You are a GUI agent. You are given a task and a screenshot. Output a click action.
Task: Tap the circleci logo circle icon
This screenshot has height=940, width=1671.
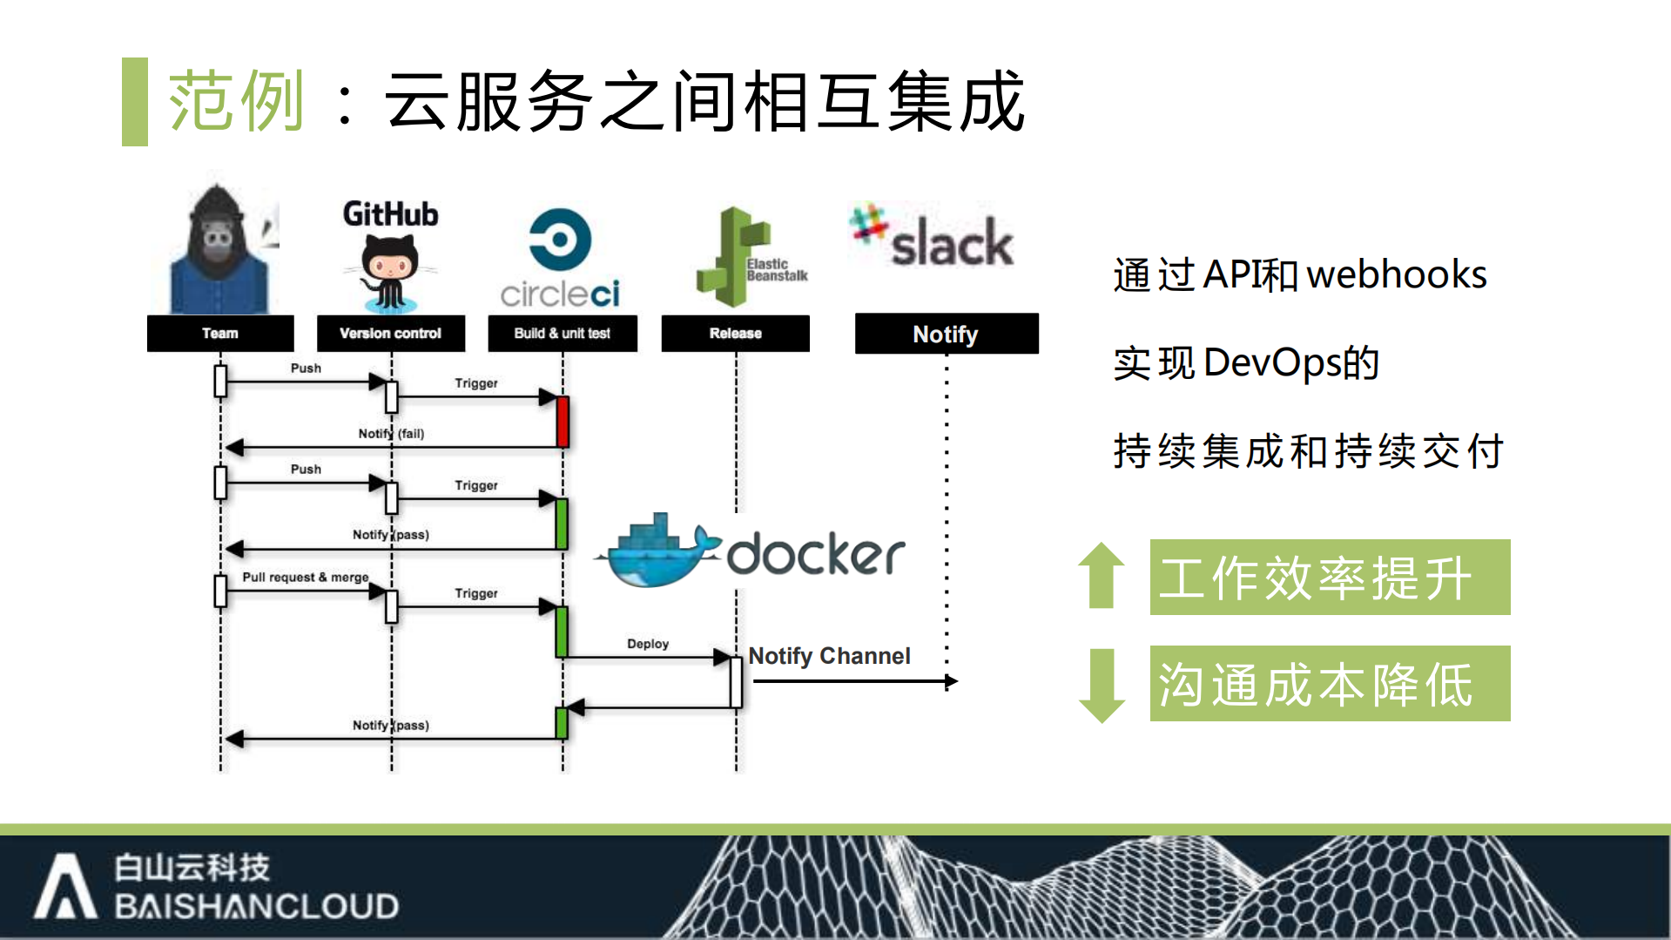(x=560, y=240)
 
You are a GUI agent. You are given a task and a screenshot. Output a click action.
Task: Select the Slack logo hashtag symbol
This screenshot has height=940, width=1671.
(x=868, y=223)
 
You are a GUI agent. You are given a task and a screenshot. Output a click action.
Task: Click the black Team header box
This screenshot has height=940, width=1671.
(x=220, y=334)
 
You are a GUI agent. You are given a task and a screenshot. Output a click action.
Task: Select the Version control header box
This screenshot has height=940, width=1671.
(x=390, y=334)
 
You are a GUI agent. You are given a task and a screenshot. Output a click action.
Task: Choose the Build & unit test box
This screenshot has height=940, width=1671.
(x=562, y=334)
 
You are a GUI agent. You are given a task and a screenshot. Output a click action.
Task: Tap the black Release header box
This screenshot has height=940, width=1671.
(x=735, y=334)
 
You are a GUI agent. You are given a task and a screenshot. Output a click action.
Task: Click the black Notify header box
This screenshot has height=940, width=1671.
(x=946, y=334)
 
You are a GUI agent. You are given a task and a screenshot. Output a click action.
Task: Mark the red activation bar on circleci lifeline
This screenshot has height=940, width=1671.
(x=563, y=422)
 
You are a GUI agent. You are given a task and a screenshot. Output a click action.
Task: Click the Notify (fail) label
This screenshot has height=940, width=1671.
(x=391, y=433)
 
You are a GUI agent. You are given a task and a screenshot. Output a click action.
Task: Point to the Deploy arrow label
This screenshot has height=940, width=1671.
(x=648, y=644)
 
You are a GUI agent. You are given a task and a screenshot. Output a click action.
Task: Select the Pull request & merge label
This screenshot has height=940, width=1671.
(x=305, y=577)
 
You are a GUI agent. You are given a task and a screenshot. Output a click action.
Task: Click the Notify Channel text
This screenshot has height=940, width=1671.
(x=829, y=656)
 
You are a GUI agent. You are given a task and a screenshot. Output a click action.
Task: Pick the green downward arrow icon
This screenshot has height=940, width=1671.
(x=1102, y=685)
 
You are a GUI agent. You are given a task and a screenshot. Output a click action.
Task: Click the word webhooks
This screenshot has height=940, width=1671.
(x=1396, y=274)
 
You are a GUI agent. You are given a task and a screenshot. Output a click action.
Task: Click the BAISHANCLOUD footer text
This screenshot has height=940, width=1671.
(x=257, y=907)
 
